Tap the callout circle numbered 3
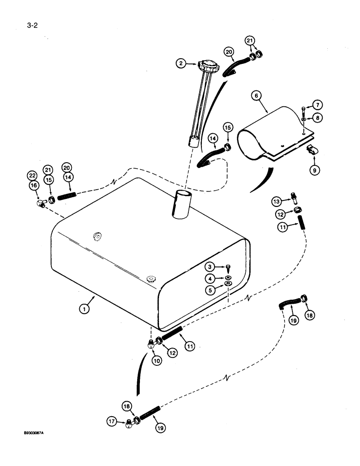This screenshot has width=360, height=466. (211, 267)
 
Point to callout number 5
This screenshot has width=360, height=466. (211, 289)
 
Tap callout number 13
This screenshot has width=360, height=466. (277, 201)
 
